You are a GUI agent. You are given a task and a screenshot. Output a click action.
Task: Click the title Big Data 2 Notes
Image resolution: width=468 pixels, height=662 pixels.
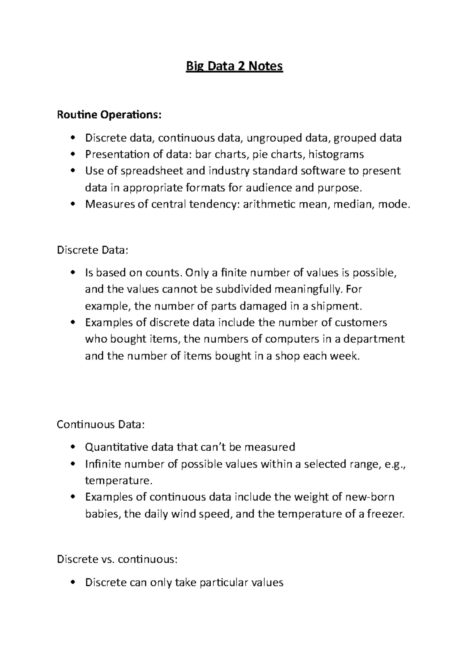click(x=234, y=67)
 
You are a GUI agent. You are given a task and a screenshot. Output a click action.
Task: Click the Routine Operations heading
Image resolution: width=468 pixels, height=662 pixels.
click(x=108, y=115)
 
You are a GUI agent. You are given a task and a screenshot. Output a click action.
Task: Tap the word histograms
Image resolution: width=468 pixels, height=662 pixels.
click(x=336, y=155)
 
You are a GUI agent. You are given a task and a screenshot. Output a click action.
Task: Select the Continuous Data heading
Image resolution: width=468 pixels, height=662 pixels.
click(x=101, y=424)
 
